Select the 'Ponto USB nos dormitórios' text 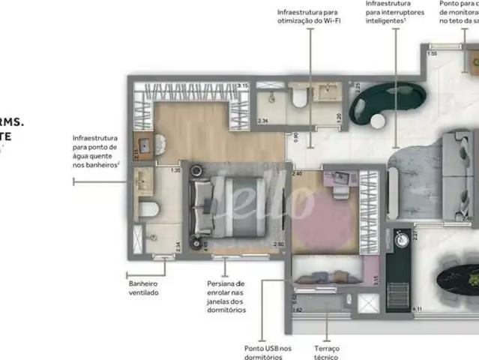tap(268, 352)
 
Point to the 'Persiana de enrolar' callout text tap(226, 296)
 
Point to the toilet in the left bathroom tap(147, 208)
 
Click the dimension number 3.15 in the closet tap(242, 86)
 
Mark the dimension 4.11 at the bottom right tap(419, 309)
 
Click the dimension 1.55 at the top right tap(433, 55)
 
